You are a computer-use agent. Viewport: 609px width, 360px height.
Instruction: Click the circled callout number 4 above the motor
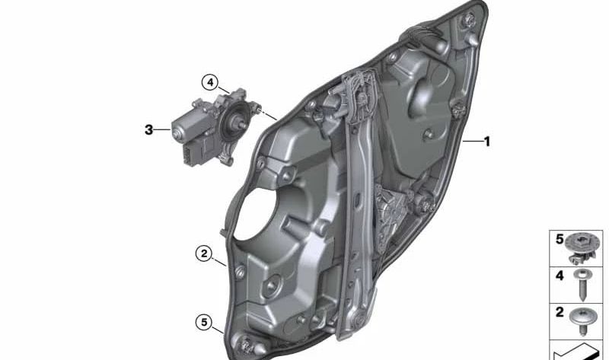(209, 81)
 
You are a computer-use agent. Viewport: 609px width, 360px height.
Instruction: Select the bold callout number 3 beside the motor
(148, 130)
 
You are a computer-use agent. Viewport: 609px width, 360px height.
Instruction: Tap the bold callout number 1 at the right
(487, 141)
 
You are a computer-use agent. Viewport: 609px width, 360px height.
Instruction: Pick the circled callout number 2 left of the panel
(203, 253)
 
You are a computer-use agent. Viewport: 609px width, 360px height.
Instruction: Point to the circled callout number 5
(203, 322)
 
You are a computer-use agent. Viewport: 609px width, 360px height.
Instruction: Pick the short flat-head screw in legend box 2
(584, 319)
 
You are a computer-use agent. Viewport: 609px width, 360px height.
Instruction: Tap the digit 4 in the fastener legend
(560, 276)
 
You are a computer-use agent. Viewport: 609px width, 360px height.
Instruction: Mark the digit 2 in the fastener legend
(560, 312)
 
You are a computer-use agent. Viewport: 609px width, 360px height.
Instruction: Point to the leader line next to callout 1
(472, 141)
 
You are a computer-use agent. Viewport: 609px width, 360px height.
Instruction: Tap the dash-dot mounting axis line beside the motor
(266, 115)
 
